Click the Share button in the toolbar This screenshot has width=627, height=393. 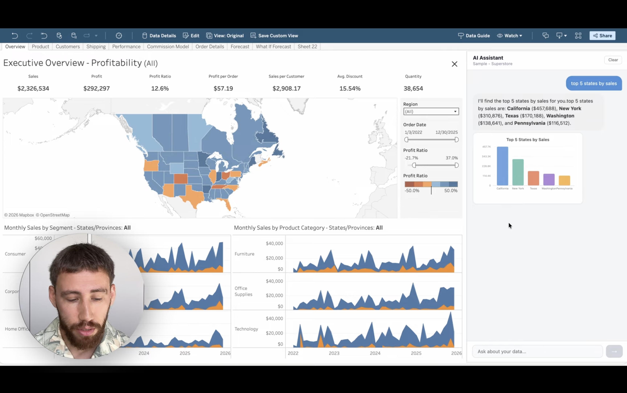(x=602, y=36)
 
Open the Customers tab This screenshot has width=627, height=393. (x=68, y=47)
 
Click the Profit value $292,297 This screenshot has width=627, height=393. (x=97, y=88)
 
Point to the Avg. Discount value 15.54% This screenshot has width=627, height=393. (x=350, y=88)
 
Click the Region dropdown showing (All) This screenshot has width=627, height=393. (x=431, y=111)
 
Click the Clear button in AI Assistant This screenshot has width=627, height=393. (x=613, y=60)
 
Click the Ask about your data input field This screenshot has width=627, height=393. (x=537, y=351)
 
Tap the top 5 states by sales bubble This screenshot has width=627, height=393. (x=594, y=83)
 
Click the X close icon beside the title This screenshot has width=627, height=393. (x=454, y=64)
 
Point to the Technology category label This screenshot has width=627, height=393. (x=246, y=329)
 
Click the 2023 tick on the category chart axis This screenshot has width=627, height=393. (x=334, y=353)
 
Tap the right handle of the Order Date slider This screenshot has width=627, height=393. (x=456, y=140)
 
